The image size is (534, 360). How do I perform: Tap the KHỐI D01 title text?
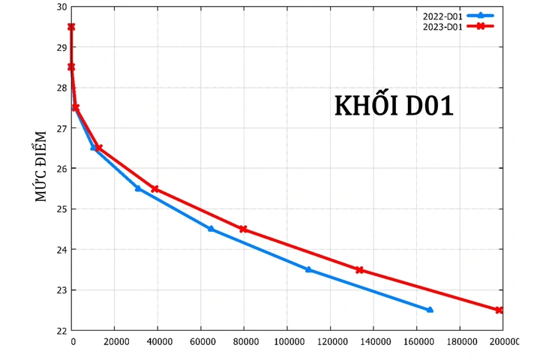tap(394, 106)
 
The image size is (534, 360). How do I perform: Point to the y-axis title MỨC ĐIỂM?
tap(41, 166)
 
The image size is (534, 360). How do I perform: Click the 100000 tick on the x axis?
tap(287, 342)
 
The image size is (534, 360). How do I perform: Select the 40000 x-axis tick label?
tap(157, 342)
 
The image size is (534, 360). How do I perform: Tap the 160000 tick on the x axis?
tap(417, 342)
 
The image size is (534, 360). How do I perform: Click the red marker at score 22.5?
tap(499, 310)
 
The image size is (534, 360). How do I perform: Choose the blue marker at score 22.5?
tap(430, 310)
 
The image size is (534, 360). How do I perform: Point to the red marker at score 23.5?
tap(359, 270)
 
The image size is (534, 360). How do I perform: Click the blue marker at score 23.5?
tap(308, 269)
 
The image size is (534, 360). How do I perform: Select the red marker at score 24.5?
tap(243, 229)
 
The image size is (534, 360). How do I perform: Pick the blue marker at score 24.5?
tap(211, 229)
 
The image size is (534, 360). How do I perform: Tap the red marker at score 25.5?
tap(155, 189)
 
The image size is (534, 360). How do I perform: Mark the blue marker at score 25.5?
tap(138, 188)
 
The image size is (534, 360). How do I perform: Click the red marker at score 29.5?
tap(71, 27)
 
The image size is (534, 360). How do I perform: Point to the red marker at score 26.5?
tap(98, 148)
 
